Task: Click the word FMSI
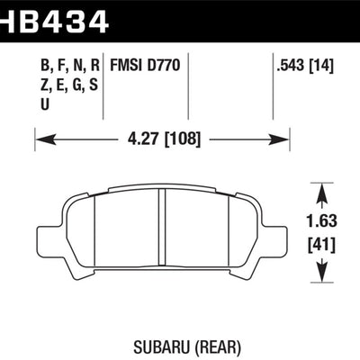coord(125,67)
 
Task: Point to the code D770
coord(162,67)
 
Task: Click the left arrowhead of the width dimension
coord(40,139)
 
